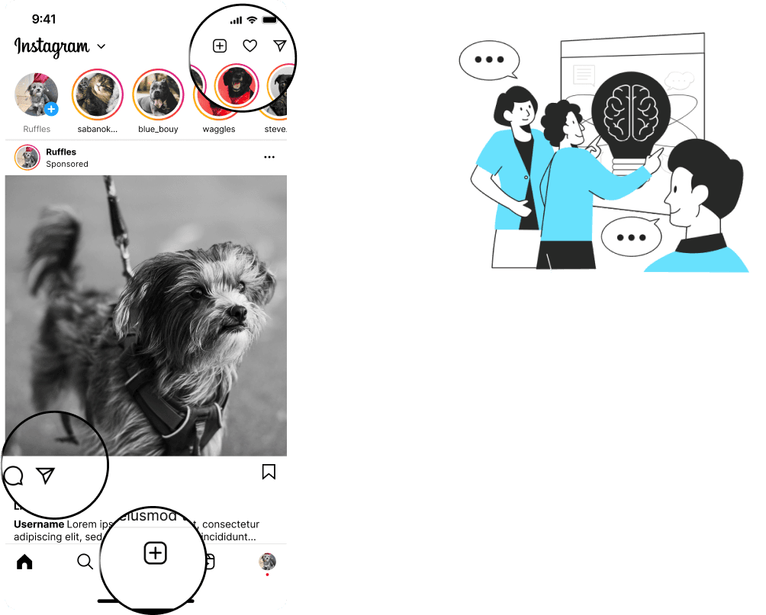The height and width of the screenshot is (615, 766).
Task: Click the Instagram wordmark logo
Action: (52, 46)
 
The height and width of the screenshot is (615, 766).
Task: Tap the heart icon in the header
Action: (249, 46)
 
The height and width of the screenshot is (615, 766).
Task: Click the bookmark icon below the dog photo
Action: (269, 472)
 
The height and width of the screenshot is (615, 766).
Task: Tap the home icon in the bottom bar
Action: (24, 562)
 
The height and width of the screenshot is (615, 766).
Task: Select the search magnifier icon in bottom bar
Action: (85, 562)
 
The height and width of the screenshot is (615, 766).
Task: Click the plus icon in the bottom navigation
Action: (155, 553)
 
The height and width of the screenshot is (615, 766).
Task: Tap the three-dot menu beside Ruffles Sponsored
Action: (269, 158)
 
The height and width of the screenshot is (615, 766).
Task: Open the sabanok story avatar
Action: (98, 94)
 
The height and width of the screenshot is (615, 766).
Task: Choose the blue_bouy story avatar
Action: (159, 94)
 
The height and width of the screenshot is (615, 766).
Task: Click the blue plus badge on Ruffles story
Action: (51, 109)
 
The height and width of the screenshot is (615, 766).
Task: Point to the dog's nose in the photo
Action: (237, 312)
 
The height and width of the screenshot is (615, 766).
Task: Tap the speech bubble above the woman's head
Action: (489, 59)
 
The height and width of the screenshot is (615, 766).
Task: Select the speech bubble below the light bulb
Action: (631, 237)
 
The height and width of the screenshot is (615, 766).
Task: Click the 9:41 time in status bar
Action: (44, 18)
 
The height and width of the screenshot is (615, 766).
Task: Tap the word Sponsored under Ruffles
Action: (67, 164)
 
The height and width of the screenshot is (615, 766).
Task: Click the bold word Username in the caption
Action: (39, 524)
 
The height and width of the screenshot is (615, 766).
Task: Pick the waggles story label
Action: (217, 129)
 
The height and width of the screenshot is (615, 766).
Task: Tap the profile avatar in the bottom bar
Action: (267, 562)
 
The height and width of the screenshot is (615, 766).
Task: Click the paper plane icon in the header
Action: (280, 46)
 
